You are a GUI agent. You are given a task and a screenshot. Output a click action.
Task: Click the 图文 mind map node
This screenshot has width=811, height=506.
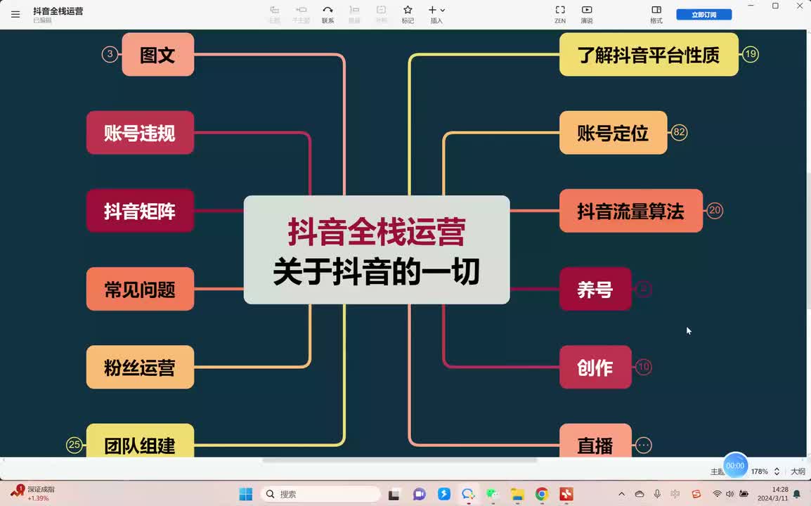tap(157, 55)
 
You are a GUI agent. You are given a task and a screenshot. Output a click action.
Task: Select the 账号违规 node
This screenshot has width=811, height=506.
tap(140, 133)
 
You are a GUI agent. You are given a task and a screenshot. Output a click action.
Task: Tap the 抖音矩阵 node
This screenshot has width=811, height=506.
tap(140, 211)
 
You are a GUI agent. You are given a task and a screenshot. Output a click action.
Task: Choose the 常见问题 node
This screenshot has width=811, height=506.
tap(140, 289)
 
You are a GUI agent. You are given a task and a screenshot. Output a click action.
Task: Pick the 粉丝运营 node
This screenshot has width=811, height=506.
tap(140, 367)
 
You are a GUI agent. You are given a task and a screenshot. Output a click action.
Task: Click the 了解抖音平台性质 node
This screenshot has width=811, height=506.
tap(648, 55)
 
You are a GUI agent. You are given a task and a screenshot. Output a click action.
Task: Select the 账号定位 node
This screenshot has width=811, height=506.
tap(613, 133)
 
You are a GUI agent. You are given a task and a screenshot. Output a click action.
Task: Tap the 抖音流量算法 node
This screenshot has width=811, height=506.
tap(630, 211)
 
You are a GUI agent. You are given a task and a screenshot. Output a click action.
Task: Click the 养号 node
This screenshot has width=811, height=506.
tap(595, 289)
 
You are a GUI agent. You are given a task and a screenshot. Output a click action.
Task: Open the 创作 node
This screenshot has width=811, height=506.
tap(595, 367)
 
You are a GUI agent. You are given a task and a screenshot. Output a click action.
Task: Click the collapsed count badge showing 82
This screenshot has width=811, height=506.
tap(679, 132)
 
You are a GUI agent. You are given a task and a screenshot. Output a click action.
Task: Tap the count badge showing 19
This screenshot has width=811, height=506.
tap(751, 54)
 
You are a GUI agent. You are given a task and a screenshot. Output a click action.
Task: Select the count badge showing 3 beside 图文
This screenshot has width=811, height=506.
tap(110, 54)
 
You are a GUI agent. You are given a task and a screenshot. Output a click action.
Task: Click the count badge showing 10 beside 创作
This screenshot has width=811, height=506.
tap(643, 367)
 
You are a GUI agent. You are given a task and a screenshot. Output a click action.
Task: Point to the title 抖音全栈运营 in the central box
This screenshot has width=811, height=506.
tap(376, 232)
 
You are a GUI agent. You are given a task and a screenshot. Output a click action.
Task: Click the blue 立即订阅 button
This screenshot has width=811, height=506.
tap(703, 15)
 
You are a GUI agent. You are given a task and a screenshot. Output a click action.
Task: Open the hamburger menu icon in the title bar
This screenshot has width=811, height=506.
tap(15, 14)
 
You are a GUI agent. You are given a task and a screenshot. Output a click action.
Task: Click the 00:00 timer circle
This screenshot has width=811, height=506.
tap(735, 465)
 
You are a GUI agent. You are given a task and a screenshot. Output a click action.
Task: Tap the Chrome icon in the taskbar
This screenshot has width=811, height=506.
tap(541, 494)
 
